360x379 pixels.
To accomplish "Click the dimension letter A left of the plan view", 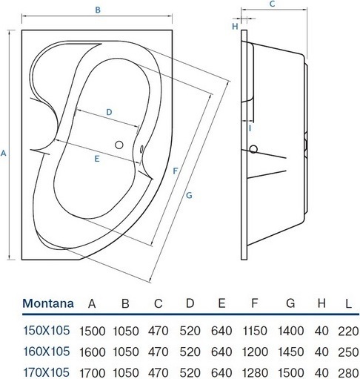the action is pos(3,154).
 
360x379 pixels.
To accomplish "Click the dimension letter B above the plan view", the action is pos(98,10).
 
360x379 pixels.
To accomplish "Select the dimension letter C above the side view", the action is pos(272,4).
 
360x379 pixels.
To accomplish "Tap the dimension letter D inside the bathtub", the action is pos(109,112).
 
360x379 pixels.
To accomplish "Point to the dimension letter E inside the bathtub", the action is pos(97,159).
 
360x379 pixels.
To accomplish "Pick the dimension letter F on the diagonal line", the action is pos(176,171).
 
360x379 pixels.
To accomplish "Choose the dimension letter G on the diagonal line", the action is pos(189,195).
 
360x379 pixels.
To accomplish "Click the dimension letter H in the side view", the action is pos(235,26).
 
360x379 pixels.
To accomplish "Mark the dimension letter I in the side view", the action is pos(250,128).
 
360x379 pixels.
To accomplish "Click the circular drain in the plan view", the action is pos(119,145).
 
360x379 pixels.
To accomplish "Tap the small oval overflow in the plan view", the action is pos(141,149).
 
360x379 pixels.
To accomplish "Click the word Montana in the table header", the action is pos(48,303).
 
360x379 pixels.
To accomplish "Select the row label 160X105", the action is pos(47,352).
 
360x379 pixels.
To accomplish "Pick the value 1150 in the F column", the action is pos(255,331).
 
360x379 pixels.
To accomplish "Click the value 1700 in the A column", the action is pos(93,372).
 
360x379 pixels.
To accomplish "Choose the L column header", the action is pos(348,303).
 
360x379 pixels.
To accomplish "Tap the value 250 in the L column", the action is pos(348,352).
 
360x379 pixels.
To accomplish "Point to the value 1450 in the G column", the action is pos(290,352).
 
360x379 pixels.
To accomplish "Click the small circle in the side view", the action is pos(253,149).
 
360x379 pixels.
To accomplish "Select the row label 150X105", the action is pos(47,330).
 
